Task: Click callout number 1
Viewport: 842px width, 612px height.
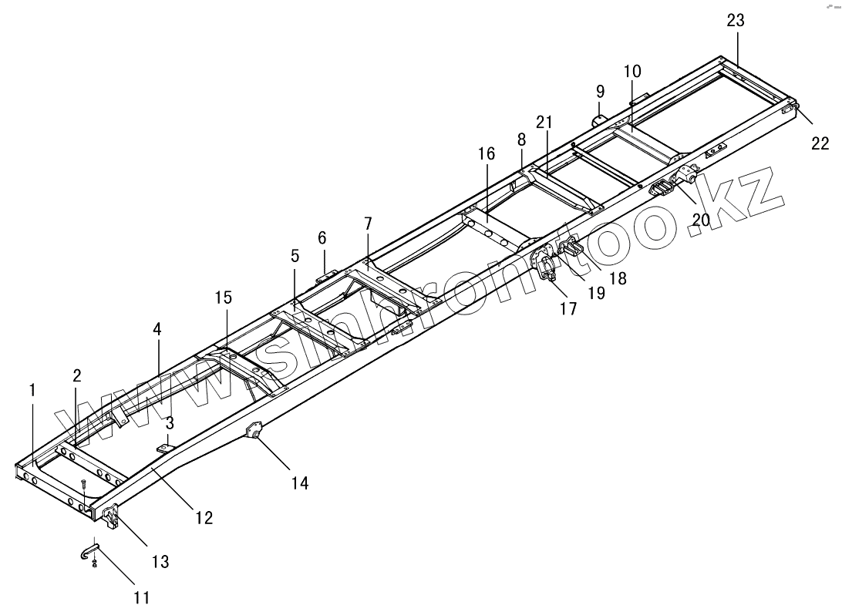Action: pyautogui.click(x=32, y=391)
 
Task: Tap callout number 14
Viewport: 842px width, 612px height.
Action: pyautogui.click(x=299, y=483)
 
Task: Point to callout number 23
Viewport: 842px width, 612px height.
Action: pyautogui.click(x=735, y=21)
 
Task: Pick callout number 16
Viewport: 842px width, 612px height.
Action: pyautogui.click(x=486, y=154)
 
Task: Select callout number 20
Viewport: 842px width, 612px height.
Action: pyautogui.click(x=700, y=220)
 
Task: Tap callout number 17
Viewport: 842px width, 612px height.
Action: pyautogui.click(x=568, y=309)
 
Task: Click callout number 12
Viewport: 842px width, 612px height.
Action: pyautogui.click(x=203, y=518)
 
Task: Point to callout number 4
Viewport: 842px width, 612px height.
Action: pyautogui.click(x=157, y=328)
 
